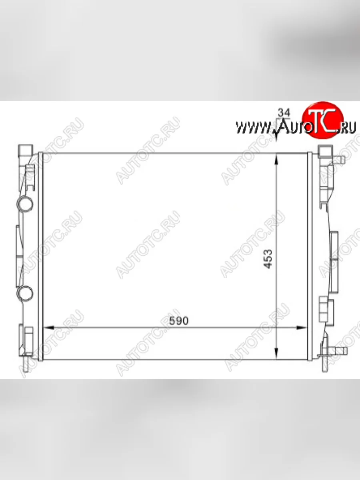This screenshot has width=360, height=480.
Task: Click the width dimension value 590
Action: click(178, 321)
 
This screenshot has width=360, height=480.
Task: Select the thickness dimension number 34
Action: click(284, 113)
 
